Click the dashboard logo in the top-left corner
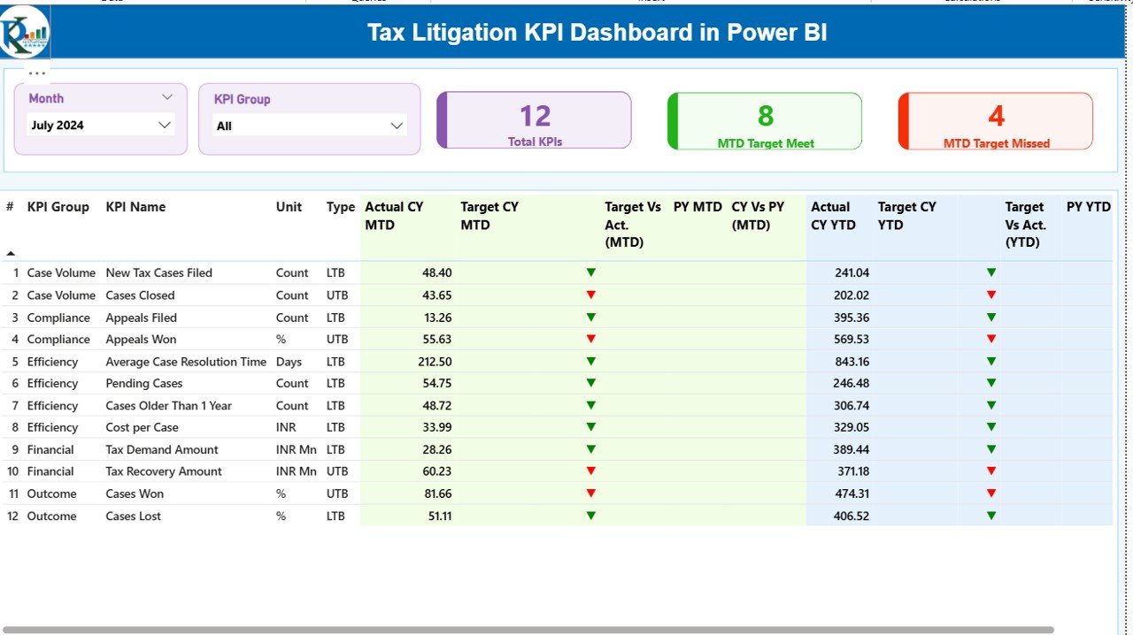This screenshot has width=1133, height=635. (25, 32)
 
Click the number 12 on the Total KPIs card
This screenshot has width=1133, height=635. (535, 116)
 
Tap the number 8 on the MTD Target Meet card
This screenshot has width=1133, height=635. (765, 116)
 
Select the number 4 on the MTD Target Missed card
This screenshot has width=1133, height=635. (996, 116)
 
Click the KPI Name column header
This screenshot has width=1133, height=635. (135, 207)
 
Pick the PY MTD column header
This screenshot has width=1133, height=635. (698, 207)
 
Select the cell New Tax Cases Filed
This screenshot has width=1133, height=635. (158, 273)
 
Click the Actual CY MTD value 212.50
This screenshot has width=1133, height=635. (433, 362)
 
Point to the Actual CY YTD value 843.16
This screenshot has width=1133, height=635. (851, 362)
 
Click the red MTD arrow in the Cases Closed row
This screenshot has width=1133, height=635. (591, 295)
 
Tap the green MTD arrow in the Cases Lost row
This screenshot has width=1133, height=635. (591, 516)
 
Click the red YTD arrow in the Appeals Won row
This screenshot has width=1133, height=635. (991, 339)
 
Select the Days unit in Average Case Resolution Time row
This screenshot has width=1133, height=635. (289, 362)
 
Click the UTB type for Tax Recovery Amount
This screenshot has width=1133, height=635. (337, 471)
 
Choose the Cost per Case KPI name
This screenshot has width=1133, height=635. (143, 427)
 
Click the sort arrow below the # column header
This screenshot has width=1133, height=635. (11, 253)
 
